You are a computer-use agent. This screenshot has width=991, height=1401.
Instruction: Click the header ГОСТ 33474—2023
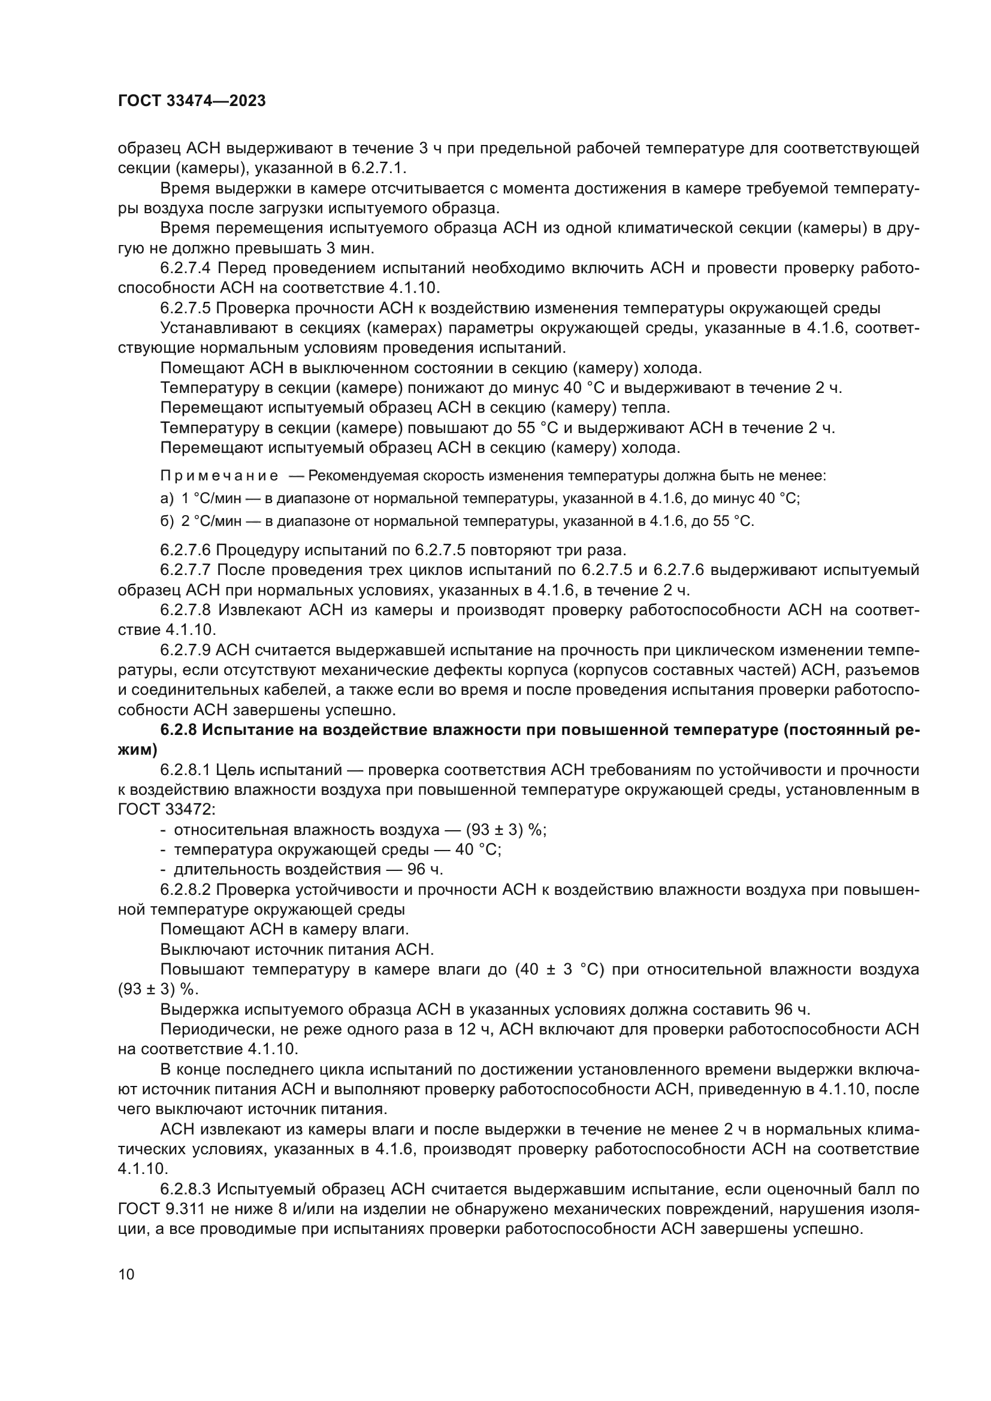[192, 101]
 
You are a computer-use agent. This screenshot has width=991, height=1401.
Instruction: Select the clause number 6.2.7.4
[186, 268]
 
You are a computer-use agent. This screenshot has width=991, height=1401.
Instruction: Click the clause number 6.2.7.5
[186, 308]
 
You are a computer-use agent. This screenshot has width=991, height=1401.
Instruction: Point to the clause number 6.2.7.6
[186, 550]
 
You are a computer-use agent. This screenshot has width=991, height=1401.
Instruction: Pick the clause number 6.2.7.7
[186, 570]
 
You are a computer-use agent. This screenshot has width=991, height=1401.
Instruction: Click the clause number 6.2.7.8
[186, 610]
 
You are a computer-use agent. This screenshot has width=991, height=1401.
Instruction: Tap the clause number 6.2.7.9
[186, 650]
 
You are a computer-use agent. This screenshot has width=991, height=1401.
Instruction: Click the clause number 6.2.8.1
[186, 770]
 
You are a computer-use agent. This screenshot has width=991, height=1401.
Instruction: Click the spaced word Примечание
[219, 476]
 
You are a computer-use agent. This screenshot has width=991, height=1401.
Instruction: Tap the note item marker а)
[167, 498]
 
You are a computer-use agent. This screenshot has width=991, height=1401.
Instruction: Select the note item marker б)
[167, 522]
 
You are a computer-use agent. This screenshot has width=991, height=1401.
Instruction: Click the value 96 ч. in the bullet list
[425, 869]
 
